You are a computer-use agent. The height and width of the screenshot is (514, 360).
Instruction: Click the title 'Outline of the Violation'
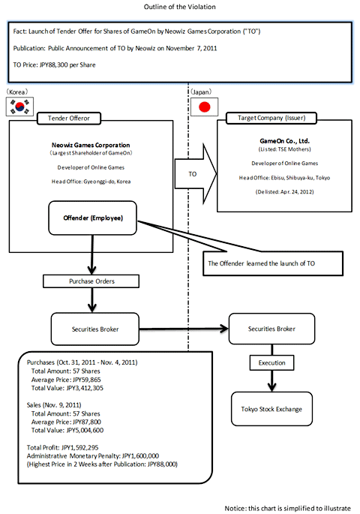[x=180, y=7]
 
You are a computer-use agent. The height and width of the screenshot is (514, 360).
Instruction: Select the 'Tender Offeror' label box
[x=70, y=118]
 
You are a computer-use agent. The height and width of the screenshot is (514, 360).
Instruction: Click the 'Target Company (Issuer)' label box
[x=268, y=118]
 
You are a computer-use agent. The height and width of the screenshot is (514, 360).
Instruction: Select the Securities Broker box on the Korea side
[x=97, y=327]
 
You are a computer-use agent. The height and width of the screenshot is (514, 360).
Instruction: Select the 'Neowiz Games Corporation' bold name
[x=97, y=145]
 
